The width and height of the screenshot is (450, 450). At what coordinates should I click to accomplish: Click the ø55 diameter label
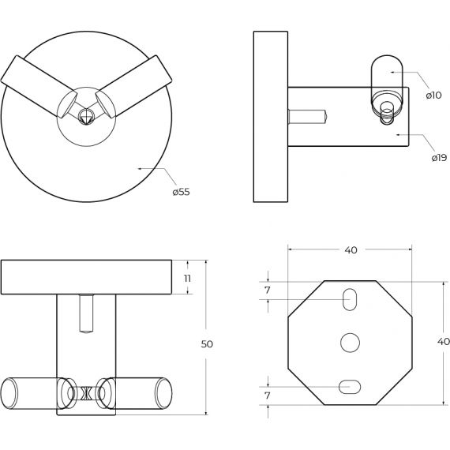click(181, 192)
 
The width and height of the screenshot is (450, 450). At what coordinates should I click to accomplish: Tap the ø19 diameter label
click(439, 158)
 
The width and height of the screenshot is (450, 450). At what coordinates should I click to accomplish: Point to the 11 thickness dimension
click(187, 279)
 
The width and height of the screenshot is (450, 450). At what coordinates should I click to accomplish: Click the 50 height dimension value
click(207, 343)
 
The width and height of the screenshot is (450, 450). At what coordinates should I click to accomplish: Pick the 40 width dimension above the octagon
click(351, 250)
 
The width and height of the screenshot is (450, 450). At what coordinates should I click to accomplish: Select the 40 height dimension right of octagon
click(444, 342)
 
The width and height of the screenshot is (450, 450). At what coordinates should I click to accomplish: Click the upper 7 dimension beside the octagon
click(268, 291)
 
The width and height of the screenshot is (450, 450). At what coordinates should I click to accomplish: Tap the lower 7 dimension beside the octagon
click(268, 396)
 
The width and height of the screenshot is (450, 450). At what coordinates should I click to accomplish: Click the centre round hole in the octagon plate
click(350, 343)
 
